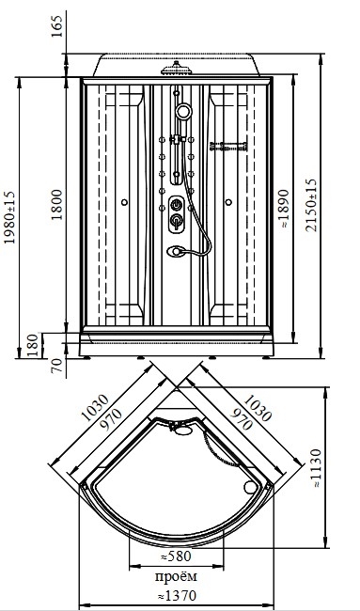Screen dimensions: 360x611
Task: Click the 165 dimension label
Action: pos(57,26)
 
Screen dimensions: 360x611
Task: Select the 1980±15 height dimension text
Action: pos(9,217)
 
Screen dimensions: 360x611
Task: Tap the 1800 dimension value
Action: pos(57,205)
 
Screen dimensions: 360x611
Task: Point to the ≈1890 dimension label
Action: pos(284,209)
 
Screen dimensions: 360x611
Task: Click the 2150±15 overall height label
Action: pos(311,205)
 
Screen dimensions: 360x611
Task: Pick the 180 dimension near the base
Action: pos(33,346)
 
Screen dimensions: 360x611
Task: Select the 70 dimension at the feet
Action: pos(57,366)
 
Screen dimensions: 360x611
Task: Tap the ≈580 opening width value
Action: pos(176,556)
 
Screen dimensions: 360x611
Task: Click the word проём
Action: pos(176,576)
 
